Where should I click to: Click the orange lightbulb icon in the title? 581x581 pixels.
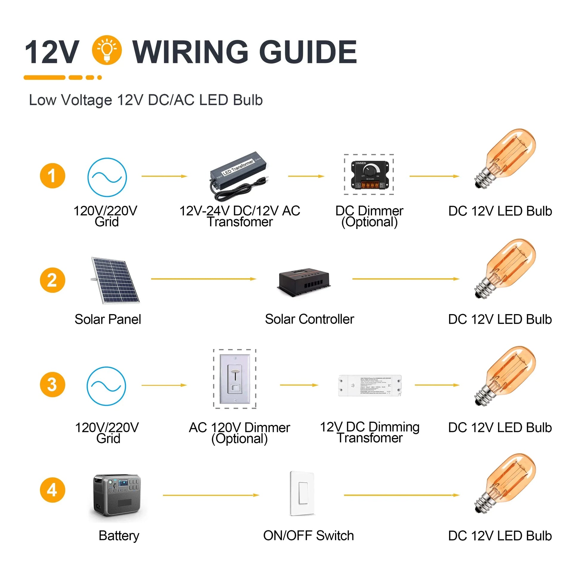click(x=107, y=50)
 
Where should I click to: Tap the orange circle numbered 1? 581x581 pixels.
click(x=52, y=176)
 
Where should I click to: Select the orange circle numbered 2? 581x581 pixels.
click(x=52, y=280)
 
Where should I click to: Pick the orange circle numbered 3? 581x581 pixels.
click(x=52, y=385)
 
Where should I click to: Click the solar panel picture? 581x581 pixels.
click(x=115, y=280)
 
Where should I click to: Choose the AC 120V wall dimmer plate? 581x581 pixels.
click(x=235, y=379)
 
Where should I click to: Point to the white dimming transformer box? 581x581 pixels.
click(x=370, y=385)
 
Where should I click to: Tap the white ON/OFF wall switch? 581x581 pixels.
click(x=302, y=493)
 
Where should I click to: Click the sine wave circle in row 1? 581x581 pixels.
click(x=107, y=177)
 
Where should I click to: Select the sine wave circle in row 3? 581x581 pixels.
click(x=106, y=386)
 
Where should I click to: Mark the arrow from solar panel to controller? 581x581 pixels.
click(x=203, y=279)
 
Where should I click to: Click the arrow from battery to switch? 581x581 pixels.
click(x=211, y=495)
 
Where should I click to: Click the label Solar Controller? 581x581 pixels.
click(x=309, y=319)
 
